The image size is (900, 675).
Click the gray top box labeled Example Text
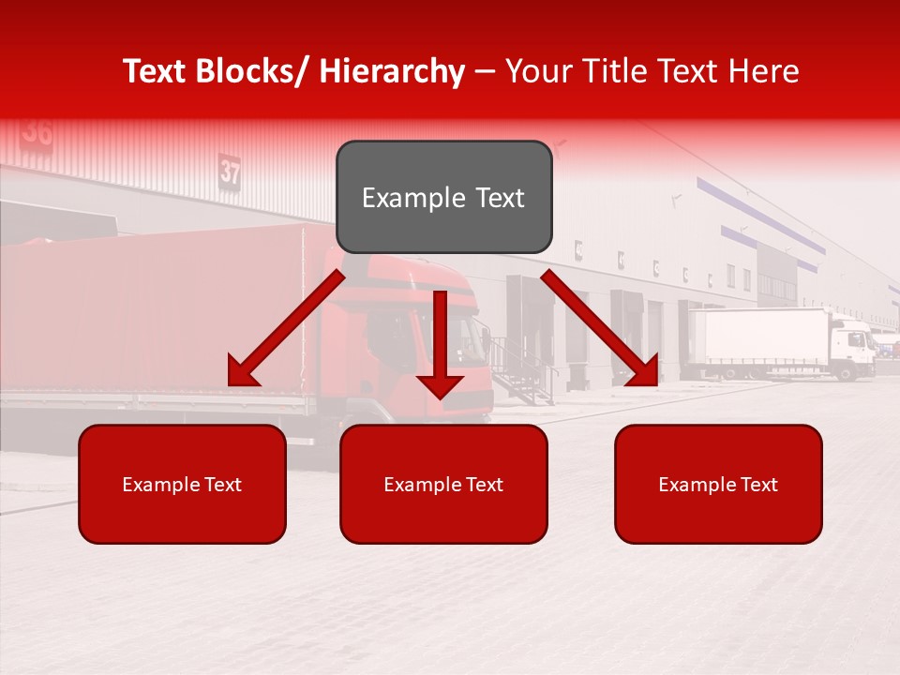pyautogui.click(x=443, y=197)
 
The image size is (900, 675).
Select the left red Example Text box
pyautogui.click(x=182, y=484)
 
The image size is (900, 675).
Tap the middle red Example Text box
pyautogui.click(x=443, y=484)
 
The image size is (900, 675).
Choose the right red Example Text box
pyautogui.click(x=718, y=484)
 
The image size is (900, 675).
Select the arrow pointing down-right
pyautogui.click(x=601, y=328)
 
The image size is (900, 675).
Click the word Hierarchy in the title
pyautogui.click(x=392, y=71)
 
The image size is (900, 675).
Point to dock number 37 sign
pyautogui.click(x=230, y=172)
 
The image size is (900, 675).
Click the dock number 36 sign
pyautogui.click(x=37, y=131)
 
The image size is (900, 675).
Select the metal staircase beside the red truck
pyautogui.click(x=520, y=370)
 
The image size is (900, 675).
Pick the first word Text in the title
pyautogui.click(x=158, y=71)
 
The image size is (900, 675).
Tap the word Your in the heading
pyautogui.click(x=539, y=71)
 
